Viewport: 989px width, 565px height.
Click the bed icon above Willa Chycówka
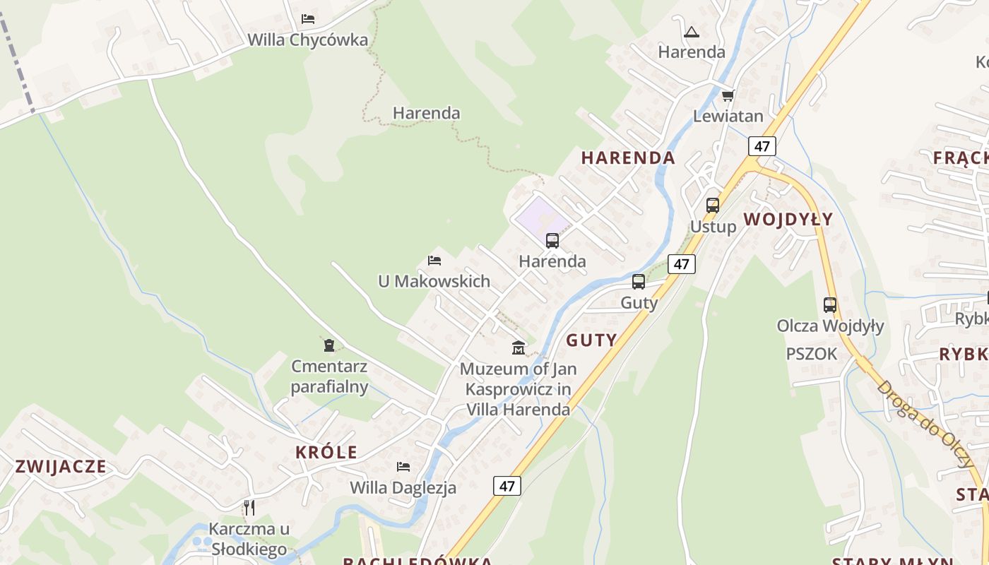click(308, 18)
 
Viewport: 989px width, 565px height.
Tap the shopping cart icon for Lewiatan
click(728, 95)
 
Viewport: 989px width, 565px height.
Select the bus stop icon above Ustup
click(713, 206)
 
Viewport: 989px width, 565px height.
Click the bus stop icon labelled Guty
click(639, 282)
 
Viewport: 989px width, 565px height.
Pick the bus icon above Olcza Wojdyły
click(830, 305)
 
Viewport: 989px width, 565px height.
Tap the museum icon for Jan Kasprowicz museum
click(519, 347)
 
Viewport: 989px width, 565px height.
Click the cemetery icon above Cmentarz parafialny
click(328, 345)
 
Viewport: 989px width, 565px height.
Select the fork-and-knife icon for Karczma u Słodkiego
click(249, 508)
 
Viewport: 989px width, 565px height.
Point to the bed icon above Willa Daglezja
click(403, 467)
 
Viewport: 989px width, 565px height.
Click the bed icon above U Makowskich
click(434, 261)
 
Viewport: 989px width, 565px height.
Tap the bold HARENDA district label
click(628, 157)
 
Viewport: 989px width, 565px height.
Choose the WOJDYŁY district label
click(788, 219)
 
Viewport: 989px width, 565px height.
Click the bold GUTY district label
click(591, 340)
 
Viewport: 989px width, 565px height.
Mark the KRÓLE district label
click(326, 453)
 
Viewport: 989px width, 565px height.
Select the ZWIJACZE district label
click(61, 467)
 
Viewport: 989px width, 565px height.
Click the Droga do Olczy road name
click(926, 424)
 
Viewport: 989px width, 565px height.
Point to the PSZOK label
click(811, 354)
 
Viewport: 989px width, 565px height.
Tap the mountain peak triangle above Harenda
click(691, 32)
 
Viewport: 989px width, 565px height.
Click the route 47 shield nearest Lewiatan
click(762, 146)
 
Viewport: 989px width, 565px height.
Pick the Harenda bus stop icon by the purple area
click(552, 241)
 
